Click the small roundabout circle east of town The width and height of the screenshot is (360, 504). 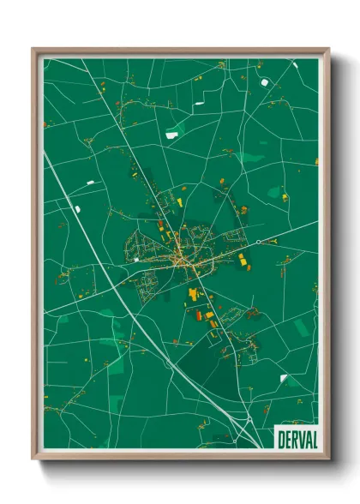pos(258,243)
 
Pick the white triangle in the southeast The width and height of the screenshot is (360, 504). pos(283,378)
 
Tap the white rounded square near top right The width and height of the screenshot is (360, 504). pos(264,81)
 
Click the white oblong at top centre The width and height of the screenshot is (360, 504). pos(199,104)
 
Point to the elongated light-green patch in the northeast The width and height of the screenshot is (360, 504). pos(252,158)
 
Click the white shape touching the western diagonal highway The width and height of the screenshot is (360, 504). pos(76,208)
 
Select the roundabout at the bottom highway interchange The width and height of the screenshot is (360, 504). pos(248,419)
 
